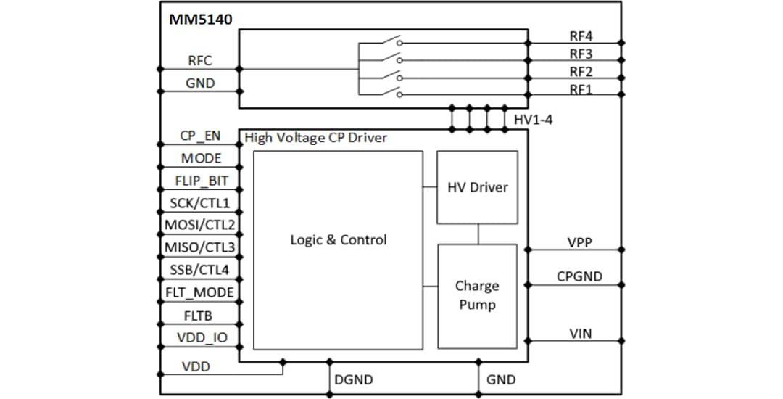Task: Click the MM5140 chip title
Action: click(x=201, y=19)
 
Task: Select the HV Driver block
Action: click(x=477, y=187)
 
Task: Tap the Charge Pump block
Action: click(x=477, y=295)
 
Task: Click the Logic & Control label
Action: click(x=339, y=240)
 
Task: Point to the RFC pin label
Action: click(x=200, y=61)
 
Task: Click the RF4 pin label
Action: click(x=581, y=36)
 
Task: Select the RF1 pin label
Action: click(x=581, y=89)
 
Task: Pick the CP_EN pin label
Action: click(x=200, y=136)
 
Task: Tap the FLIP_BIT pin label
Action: click(x=200, y=181)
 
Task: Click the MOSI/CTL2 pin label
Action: click(x=200, y=225)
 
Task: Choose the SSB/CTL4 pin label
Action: click(x=200, y=270)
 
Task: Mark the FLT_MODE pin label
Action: click(x=200, y=292)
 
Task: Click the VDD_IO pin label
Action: click(x=200, y=337)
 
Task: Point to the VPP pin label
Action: click(x=579, y=243)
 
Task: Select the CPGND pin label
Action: click(x=579, y=276)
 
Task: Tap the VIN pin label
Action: click(x=579, y=333)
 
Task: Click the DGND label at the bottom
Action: click(x=353, y=379)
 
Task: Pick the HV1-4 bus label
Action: click(x=533, y=119)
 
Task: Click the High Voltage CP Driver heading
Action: click(x=316, y=138)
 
